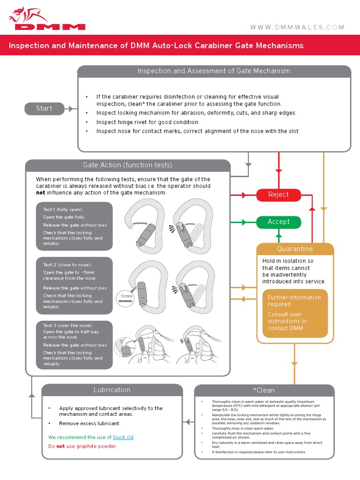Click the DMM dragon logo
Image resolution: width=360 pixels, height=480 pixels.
tap(46, 19)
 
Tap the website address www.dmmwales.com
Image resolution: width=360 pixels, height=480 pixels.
tap(297, 28)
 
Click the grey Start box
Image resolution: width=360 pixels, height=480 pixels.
tap(44, 108)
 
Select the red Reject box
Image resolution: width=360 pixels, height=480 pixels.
tap(278, 195)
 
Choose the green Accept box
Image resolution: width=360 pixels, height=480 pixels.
tap(278, 222)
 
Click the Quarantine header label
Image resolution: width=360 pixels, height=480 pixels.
tap(295, 249)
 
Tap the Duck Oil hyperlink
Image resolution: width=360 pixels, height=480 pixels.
tap(123, 437)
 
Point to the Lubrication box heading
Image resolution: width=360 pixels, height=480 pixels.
tap(112, 390)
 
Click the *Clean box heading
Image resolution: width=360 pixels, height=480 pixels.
tap(264, 390)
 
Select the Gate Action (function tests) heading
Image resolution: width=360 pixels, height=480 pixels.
tap(127, 165)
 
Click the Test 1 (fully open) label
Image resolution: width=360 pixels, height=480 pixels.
tap(63, 210)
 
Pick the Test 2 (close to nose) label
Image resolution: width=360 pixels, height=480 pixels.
tap(67, 265)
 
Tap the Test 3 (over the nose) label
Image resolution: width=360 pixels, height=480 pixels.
tap(68, 325)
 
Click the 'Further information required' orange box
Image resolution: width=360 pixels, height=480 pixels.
tap(294, 313)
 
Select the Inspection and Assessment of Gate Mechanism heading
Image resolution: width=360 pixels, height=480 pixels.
tap(214, 71)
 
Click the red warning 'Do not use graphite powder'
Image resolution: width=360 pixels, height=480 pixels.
tap(82, 446)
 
